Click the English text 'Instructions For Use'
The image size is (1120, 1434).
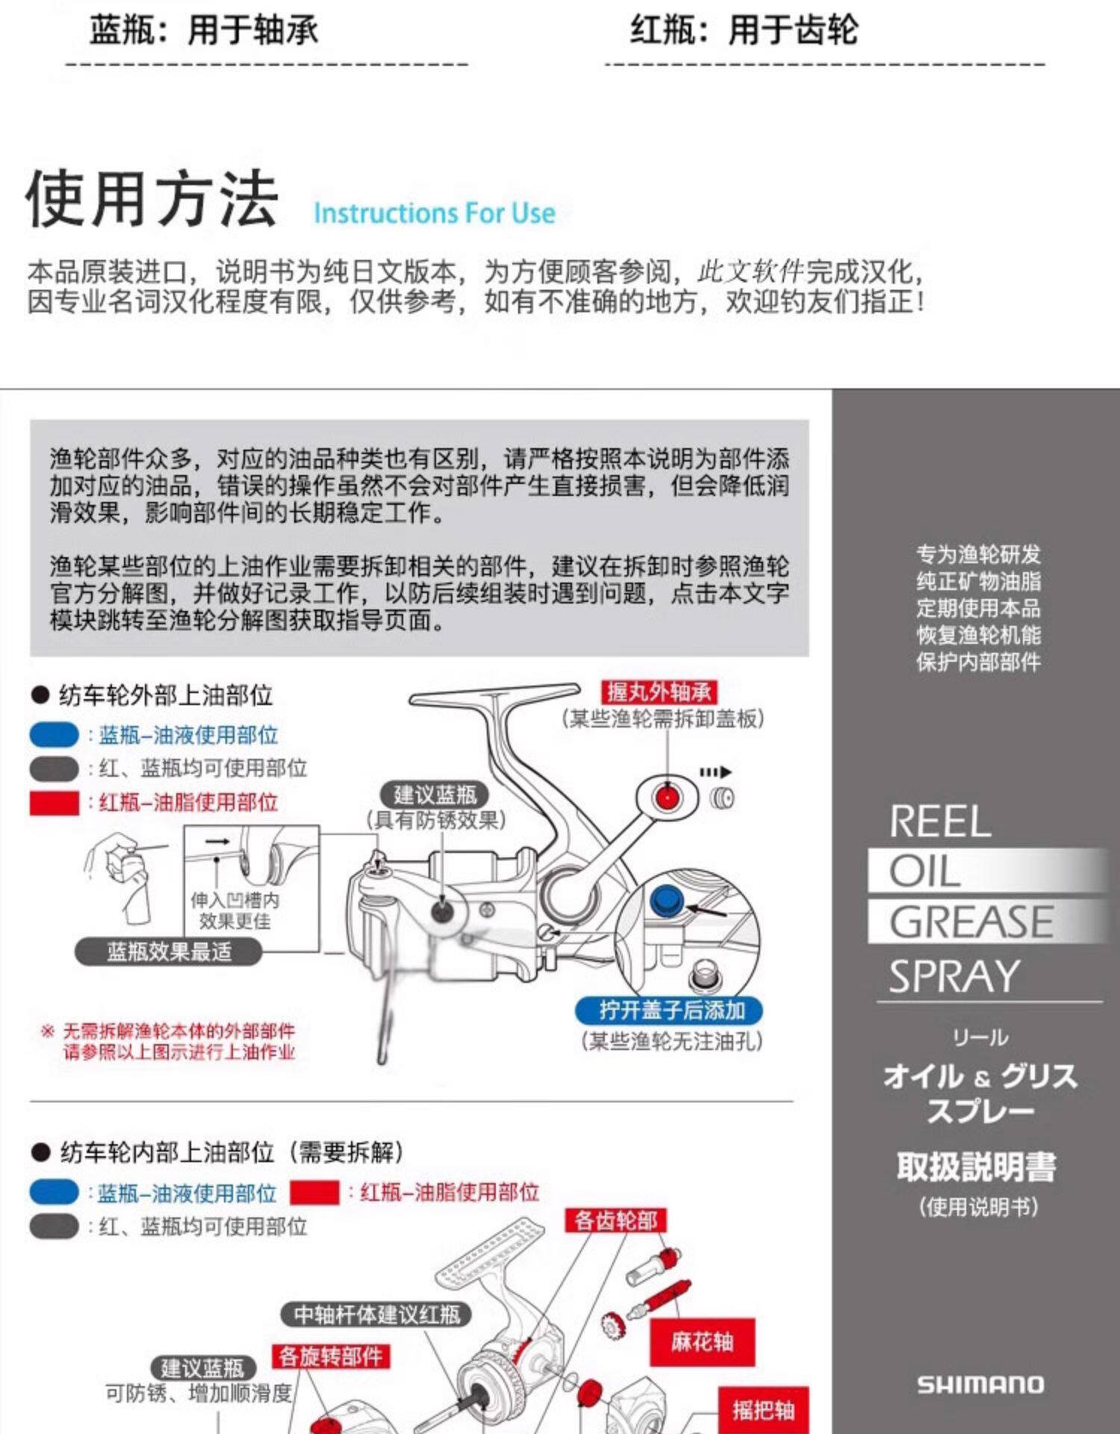434,213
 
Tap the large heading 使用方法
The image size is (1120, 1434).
152,199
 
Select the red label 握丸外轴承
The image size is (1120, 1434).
658,692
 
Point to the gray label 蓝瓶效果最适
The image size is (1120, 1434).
169,952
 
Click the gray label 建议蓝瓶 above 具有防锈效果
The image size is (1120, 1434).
435,795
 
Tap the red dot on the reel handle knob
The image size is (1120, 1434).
667,797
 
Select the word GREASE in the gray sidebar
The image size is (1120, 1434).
971,922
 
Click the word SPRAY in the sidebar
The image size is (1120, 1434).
954,976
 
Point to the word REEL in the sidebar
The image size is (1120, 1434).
940,822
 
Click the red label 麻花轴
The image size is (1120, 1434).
702,1342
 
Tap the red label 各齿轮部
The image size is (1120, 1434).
616,1220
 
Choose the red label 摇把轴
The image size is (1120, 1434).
762,1410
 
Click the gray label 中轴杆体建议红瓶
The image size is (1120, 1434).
376,1314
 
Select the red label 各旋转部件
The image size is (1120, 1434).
330,1356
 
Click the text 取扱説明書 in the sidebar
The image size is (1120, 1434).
977,1167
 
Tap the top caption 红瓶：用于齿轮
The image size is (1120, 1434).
744,31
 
